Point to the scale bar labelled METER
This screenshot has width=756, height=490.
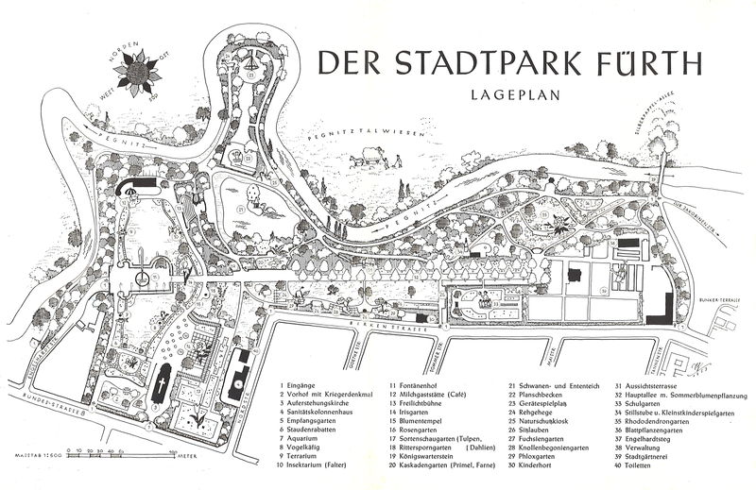104,455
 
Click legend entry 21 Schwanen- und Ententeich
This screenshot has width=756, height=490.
548,386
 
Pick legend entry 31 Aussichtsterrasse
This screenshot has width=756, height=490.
652,386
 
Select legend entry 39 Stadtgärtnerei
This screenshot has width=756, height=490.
656,457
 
